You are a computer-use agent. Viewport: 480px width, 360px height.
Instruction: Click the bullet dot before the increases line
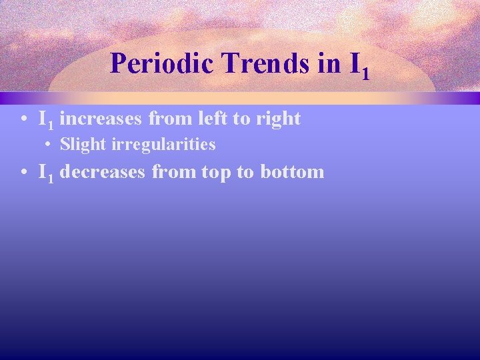pyautogui.click(x=23, y=119)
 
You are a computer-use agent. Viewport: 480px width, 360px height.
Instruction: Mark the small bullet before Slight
pyautogui.click(x=50, y=145)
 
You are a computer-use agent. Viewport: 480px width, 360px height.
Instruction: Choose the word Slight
pyautogui.click(x=79, y=145)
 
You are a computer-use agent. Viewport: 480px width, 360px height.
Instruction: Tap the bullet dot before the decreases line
pyautogui.click(x=23, y=173)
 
